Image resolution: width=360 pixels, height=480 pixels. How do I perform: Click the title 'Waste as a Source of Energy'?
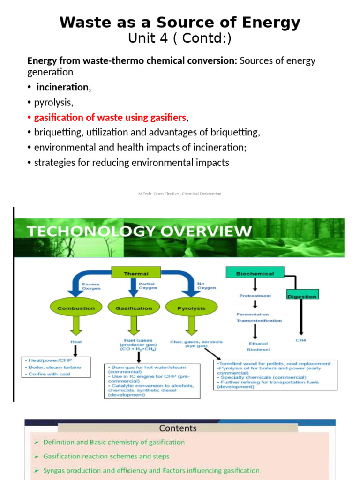[180, 22]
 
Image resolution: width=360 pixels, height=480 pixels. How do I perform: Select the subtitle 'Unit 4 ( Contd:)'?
[180, 38]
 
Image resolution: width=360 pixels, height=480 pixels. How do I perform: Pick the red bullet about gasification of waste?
[110, 117]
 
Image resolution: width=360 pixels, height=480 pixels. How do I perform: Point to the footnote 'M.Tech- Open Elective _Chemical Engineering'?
[180, 194]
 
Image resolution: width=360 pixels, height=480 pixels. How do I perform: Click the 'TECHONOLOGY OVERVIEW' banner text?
[139, 232]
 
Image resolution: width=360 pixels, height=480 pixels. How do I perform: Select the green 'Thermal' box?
[136, 273]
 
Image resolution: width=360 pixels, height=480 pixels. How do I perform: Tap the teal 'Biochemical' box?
[255, 273]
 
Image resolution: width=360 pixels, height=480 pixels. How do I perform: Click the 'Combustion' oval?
[75, 308]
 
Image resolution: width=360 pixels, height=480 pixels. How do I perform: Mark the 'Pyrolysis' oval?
[191, 308]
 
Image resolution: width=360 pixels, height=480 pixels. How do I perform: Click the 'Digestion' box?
[301, 296]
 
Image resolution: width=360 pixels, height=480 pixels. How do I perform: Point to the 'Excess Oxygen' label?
[91, 286]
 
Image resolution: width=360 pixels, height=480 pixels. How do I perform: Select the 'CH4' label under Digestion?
[300, 341]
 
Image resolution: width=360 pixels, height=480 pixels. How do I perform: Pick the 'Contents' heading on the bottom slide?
[178, 428]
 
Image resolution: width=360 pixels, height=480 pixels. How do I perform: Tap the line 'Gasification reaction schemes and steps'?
[106, 456]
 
